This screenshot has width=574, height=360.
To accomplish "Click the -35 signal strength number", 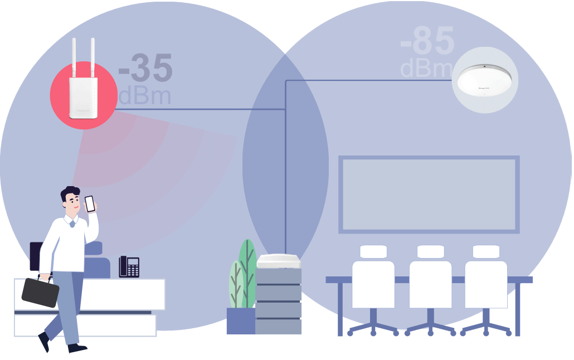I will [145, 69].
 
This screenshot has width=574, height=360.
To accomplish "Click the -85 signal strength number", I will [427, 40].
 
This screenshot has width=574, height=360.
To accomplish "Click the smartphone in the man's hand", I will [90, 203].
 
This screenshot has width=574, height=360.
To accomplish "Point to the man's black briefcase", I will [40, 291].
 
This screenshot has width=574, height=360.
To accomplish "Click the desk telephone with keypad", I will [129, 266].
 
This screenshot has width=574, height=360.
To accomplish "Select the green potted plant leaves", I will [243, 276].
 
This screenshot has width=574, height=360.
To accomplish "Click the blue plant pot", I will [241, 321].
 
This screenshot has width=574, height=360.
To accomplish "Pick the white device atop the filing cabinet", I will [279, 261].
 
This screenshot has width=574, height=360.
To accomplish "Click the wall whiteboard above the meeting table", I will [429, 194].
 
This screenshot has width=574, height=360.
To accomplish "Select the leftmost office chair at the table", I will [373, 284].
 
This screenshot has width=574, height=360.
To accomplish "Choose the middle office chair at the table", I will [430, 284].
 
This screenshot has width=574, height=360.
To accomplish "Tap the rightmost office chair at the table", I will [486, 284].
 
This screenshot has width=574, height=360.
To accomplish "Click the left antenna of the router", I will [74, 59].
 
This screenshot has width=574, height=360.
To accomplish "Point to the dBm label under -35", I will [144, 96].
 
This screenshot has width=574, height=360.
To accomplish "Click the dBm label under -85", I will [426, 69].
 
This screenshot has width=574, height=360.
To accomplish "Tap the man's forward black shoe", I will [77, 348].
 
